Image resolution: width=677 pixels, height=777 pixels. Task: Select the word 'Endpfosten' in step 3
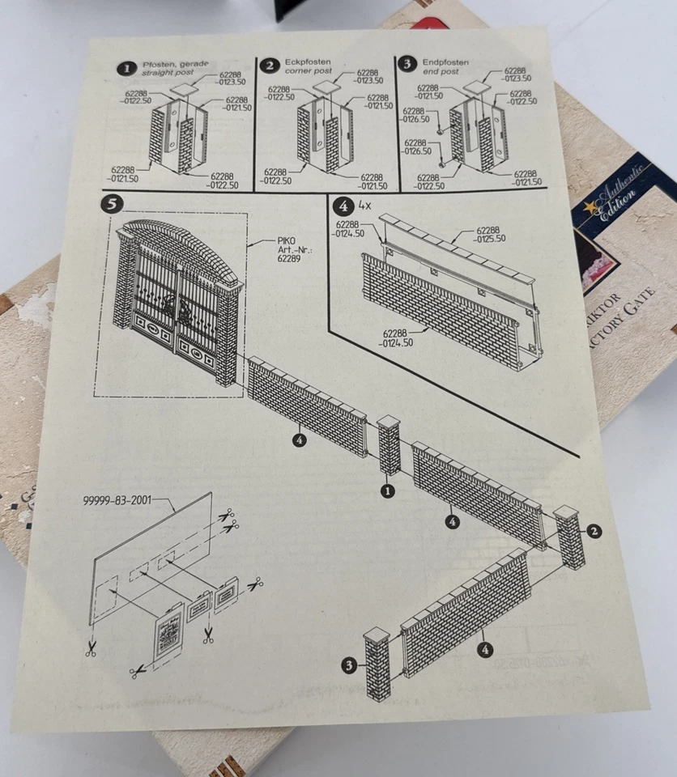coord(445,62)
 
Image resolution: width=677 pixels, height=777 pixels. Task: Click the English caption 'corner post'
coord(308,71)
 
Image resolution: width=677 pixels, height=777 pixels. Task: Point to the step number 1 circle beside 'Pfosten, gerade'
coord(126,68)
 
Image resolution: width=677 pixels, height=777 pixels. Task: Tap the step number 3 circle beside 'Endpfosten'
coord(407,64)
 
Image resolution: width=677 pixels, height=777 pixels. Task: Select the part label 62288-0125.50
coord(490,234)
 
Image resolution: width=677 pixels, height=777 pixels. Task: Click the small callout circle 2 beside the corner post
coord(594,531)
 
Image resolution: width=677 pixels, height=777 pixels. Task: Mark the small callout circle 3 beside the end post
coord(349,665)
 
